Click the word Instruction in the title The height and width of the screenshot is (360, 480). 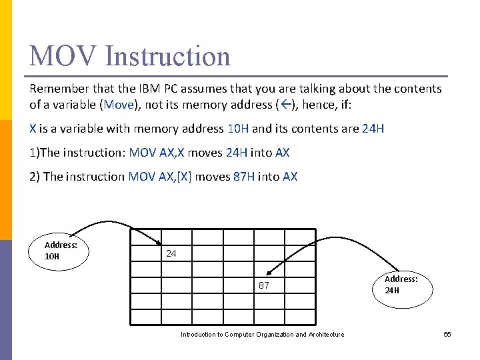tap(167, 56)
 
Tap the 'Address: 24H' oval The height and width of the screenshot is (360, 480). tap(401, 285)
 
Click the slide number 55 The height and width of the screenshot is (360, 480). tap(447, 334)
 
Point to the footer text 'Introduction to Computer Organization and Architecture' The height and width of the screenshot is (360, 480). tap(262, 334)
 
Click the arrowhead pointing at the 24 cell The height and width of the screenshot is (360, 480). tap(158, 242)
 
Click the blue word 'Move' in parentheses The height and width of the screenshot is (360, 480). tap(119, 104)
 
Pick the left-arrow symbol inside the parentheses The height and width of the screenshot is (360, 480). tap(285, 104)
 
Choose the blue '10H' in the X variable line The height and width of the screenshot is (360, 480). tap(239, 129)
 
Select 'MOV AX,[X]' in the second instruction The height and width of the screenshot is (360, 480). tap(159, 177)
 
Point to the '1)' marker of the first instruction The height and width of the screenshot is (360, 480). tap(35, 153)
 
